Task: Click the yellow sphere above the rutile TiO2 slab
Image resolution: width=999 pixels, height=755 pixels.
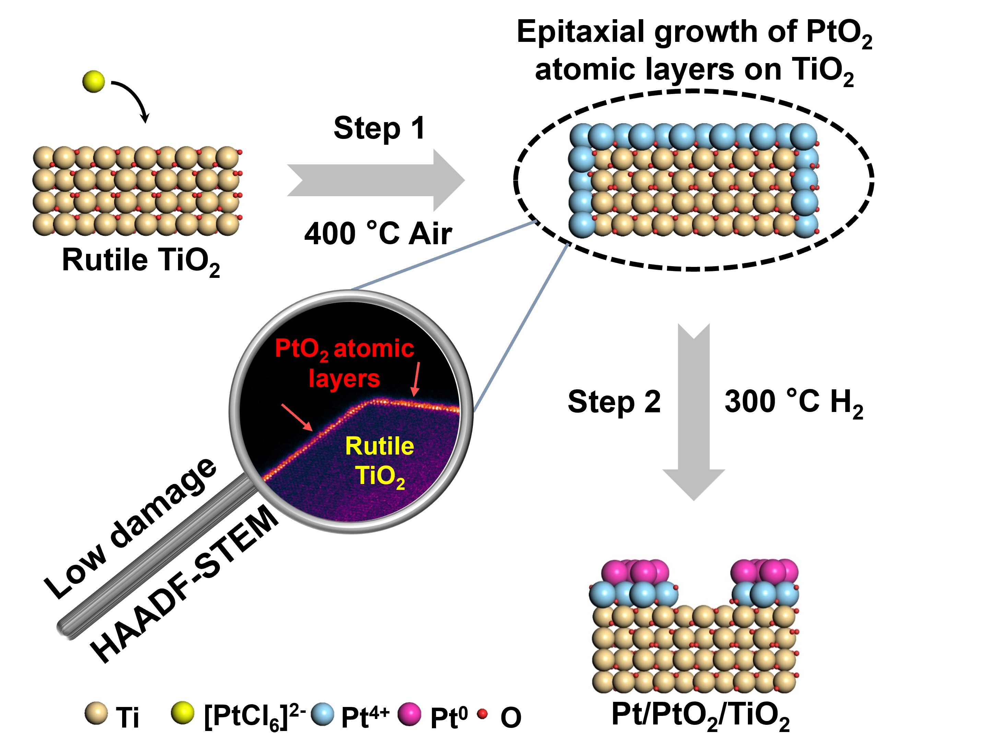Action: tap(94, 82)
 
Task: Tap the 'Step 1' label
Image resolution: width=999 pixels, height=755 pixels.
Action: tap(379, 128)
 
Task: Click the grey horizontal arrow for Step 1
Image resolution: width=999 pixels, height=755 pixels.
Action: tap(375, 180)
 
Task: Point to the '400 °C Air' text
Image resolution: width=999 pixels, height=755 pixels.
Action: tap(378, 234)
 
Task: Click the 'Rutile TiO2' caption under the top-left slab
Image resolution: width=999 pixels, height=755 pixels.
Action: tap(140, 261)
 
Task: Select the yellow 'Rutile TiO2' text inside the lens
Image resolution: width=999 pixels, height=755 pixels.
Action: tap(379, 461)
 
